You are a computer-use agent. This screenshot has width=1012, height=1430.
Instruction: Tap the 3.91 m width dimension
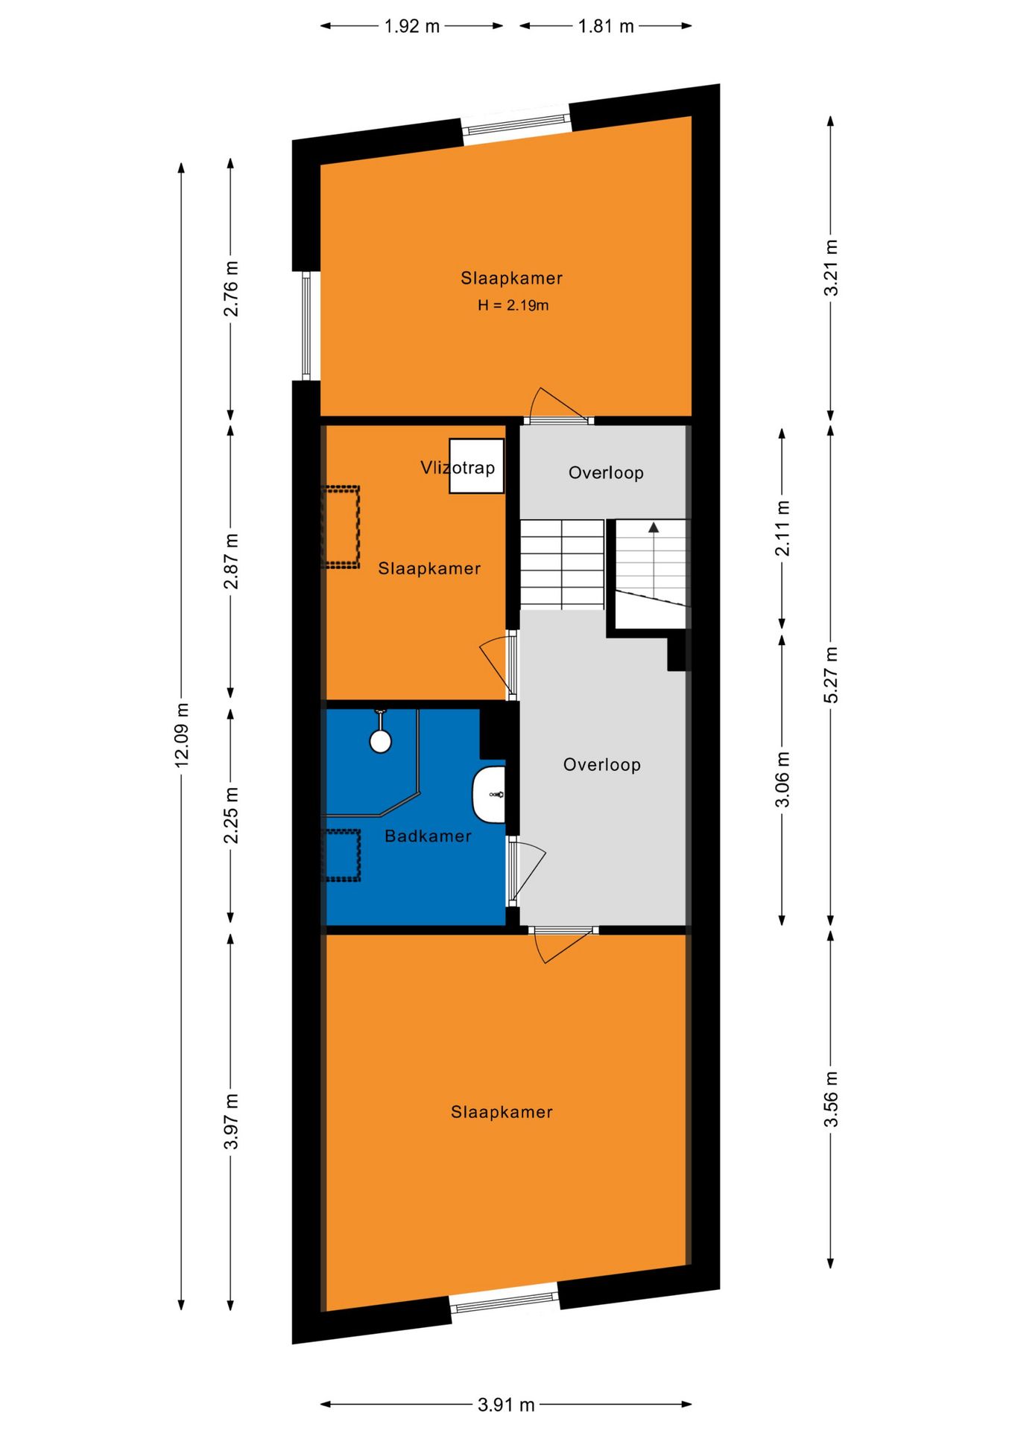(506, 1405)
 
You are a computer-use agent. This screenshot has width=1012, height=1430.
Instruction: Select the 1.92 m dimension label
(411, 27)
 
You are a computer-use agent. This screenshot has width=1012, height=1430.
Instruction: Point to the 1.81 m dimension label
(606, 27)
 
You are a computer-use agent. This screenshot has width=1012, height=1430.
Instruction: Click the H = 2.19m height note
(513, 305)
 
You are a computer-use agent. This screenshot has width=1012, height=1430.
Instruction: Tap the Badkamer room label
(428, 836)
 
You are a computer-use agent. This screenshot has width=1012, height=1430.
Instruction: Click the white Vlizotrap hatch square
(477, 466)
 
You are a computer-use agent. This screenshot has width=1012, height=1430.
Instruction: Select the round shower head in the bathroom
(381, 741)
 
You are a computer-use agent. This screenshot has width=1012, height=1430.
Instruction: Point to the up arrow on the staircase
(654, 527)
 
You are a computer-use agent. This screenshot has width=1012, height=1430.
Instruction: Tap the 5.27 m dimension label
(831, 675)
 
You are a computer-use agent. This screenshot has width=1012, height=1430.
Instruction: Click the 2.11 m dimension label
(782, 529)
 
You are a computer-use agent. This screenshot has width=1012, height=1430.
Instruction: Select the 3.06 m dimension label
(782, 780)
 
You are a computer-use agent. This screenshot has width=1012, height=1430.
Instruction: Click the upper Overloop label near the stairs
(606, 473)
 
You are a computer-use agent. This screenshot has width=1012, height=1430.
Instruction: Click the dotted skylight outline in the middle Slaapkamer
(341, 527)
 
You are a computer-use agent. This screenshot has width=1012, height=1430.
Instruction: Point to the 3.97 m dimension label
(231, 1122)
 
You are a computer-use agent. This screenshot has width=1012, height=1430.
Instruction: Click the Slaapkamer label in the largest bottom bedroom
(502, 1113)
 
